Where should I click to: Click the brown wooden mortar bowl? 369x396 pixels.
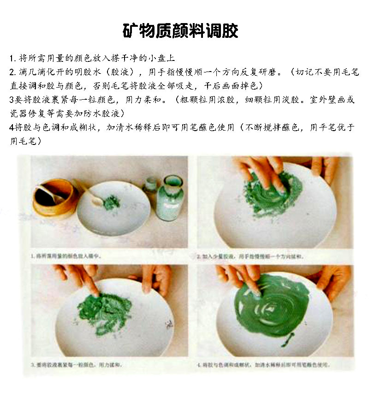[x=53, y=198]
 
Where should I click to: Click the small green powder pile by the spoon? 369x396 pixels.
[x=111, y=202]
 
